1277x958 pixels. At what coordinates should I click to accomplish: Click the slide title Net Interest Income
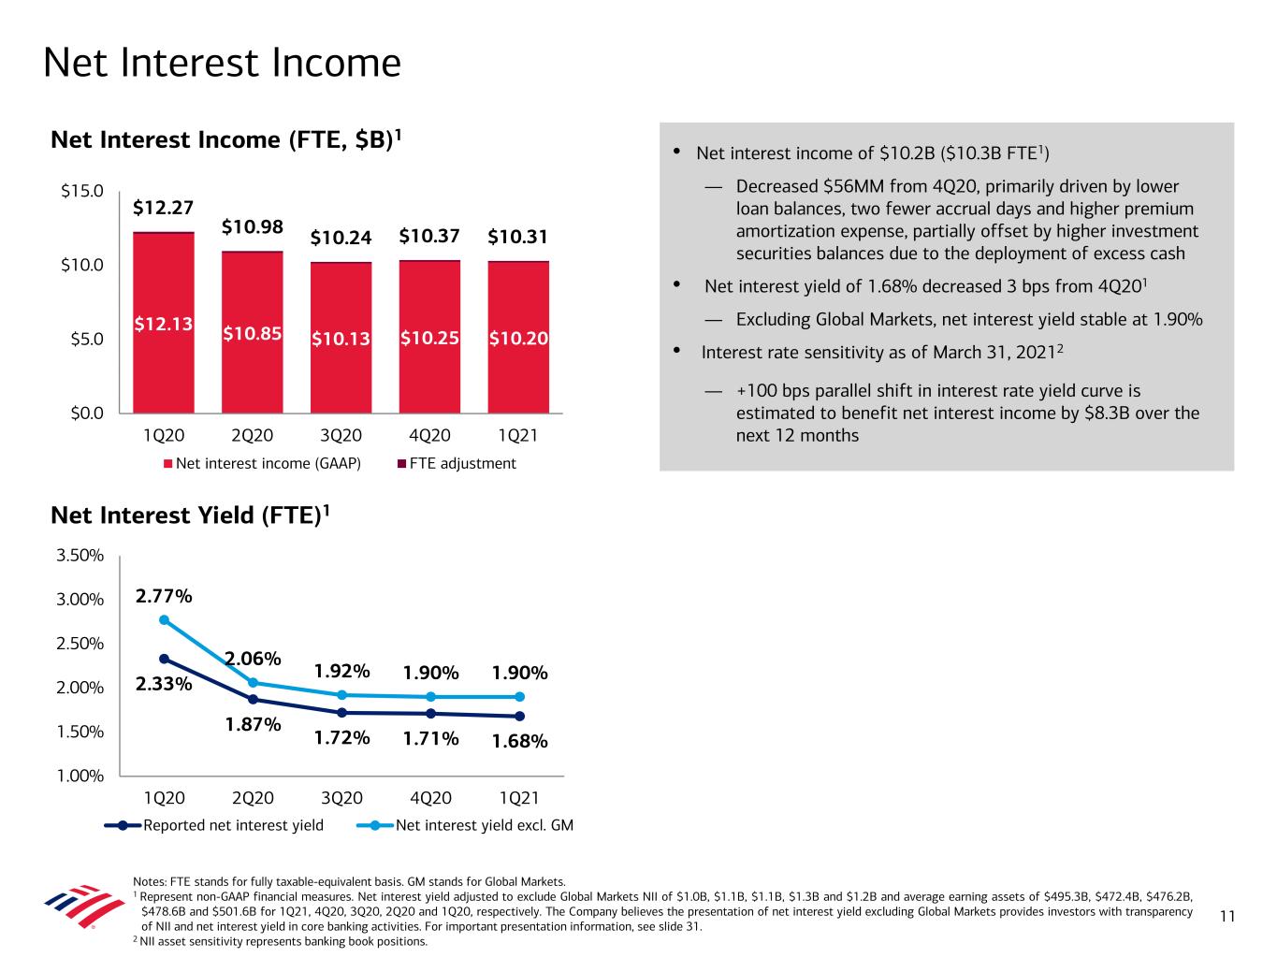[x=222, y=64]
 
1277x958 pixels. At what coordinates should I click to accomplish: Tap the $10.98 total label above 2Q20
[x=252, y=227]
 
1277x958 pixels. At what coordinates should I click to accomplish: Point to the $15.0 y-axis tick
[x=82, y=192]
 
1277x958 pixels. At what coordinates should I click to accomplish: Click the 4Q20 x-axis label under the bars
[x=429, y=436]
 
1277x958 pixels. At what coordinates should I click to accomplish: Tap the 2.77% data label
[x=164, y=596]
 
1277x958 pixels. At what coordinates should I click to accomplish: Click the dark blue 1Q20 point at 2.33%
[x=164, y=659]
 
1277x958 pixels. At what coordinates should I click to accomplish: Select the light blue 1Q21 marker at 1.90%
[x=519, y=697]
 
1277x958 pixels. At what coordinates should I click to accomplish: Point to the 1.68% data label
[x=519, y=741]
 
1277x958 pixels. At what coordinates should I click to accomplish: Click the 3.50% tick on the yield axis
[x=80, y=556]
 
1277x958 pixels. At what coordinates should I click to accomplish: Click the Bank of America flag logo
[x=84, y=906]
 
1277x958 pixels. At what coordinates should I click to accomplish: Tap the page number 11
[x=1227, y=917]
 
